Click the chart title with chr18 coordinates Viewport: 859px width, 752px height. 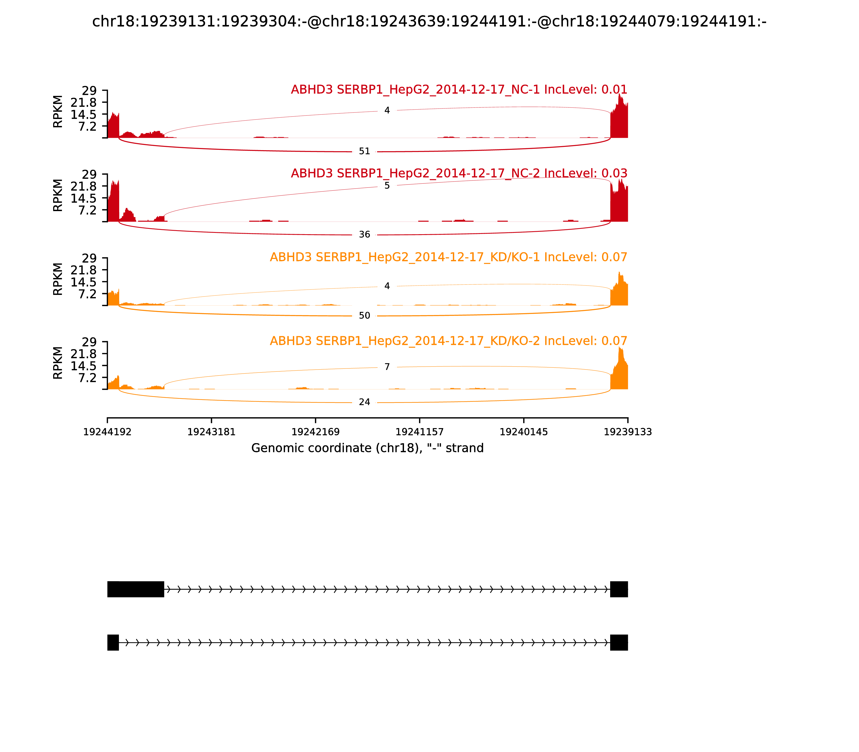click(x=429, y=21)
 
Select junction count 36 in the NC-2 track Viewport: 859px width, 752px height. click(x=365, y=234)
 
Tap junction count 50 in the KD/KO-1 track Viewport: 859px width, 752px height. click(x=365, y=316)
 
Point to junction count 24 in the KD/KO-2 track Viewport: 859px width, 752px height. click(x=365, y=402)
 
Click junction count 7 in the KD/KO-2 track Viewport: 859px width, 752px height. click(x=387, y=367)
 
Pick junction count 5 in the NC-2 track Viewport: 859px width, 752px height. click(x=387, y=186)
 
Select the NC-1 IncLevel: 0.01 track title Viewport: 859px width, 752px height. click(x=459, y=90)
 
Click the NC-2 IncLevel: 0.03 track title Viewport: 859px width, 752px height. click(x=459, y=173)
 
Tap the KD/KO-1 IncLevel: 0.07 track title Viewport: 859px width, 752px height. click(x=448, y=257)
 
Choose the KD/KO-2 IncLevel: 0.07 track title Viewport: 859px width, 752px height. click(x=448, y=341)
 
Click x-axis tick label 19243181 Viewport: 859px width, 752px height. click(x=212, y=432)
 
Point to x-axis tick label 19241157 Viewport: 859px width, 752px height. click(x=419, y=432)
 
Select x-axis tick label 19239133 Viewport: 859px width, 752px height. click(x=628, y=432)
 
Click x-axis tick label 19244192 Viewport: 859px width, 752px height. click(x=107, y=432)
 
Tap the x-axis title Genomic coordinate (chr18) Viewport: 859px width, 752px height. click(x=367, y=448)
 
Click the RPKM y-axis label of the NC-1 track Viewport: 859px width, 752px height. click(x=58, y=112)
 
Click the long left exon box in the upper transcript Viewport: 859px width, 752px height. click(x=136, y=589)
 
